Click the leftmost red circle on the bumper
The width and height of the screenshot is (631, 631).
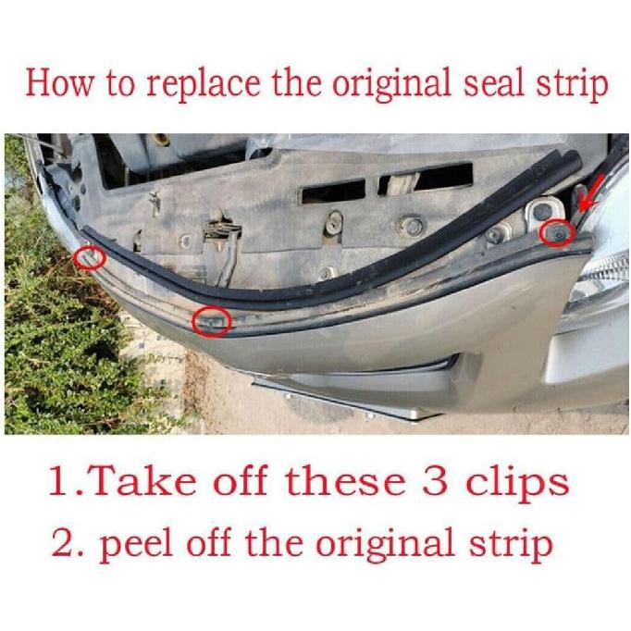[90, 257]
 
